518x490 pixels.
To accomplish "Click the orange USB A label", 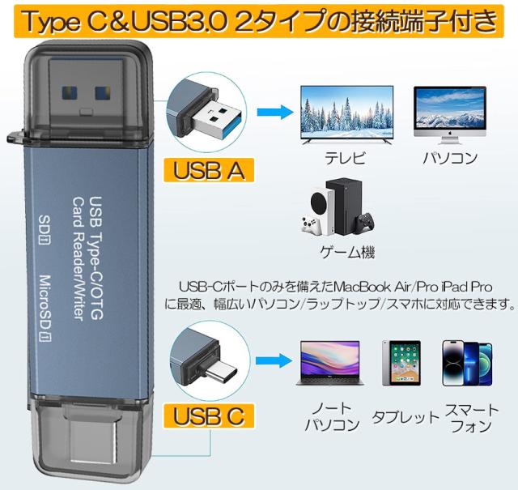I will (x=209, y=170).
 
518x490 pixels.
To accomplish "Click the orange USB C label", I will (x=209, y=417).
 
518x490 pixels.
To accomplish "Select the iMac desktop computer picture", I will (x=449, y=112).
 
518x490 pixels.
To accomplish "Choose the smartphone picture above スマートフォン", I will (x=468, y=362).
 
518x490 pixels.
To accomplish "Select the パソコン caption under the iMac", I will (x=450, y=158).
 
